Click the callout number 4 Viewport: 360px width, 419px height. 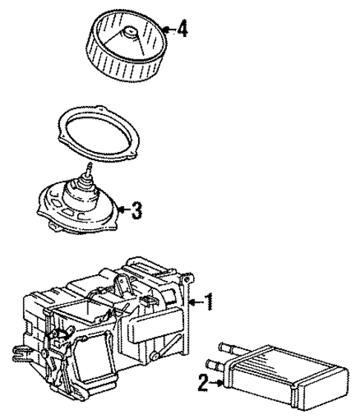[182, 30]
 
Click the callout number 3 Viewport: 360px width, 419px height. [135, 210]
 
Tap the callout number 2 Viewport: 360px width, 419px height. [202, 383]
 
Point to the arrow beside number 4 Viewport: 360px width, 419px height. [167, 30]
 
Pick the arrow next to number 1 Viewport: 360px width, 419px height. [194, 301]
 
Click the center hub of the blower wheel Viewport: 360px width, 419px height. [131, 33]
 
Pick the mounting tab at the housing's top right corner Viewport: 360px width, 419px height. [189, 278]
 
